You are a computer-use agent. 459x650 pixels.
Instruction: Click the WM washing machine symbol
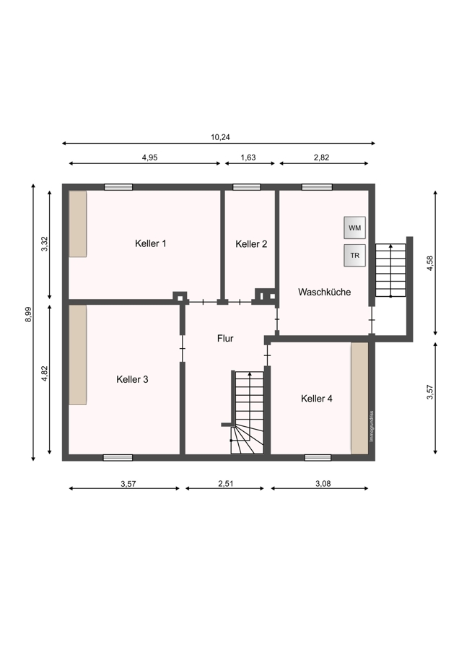click(x=354, y=227)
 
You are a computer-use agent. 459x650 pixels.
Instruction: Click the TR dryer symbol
click(x=354, y=256)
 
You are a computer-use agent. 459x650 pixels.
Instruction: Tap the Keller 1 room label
click(x=150, y=243)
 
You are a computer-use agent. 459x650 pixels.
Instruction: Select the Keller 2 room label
click(x=251, y=244)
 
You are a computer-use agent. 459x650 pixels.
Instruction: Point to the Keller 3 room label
click(x=132, y=379)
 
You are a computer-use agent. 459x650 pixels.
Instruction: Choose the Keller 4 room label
click(x=317, y=399)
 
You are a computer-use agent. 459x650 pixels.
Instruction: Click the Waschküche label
click(x=324, y=292)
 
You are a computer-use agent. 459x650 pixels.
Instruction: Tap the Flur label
click(x=225, y=338)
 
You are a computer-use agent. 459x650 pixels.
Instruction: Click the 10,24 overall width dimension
click(x=220, y=137)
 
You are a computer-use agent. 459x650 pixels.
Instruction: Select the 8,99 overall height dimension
click(x=28, y=314)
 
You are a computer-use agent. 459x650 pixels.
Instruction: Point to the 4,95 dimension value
click(x=149, y=157)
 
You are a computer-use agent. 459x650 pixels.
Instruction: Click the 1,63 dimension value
click(x=248, y=157)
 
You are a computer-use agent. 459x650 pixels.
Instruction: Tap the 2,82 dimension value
click(x=321, y=157)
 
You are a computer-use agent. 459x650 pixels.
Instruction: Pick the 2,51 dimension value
click(x=226, y=483)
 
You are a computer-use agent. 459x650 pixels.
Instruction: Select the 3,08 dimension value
click(x=323, y=483)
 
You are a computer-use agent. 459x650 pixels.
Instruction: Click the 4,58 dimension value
click(x=430, y=263)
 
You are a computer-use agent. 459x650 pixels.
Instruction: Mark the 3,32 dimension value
click(x=45, y=244)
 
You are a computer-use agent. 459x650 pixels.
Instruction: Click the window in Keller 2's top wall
click(x=247, y=187)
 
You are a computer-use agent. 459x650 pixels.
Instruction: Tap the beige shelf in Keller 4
click(x=359, y=399)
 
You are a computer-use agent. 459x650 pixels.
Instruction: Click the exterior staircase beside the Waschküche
click(x=390, y=270)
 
